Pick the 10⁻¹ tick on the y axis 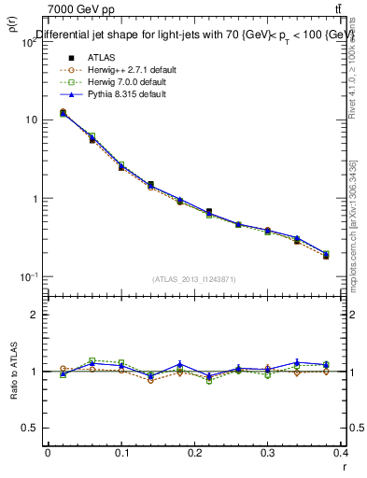pyautogui.click(x=29, y=277)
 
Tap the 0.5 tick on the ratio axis pyautogui.click(x=31, y=428)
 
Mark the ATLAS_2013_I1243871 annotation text pyautogui.click(x=195, y=279)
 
